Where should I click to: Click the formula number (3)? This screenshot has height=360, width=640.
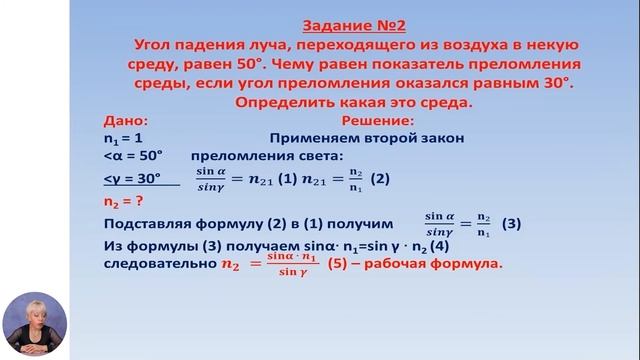tap(511, 222)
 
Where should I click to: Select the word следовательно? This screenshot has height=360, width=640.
tap(158, 265)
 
